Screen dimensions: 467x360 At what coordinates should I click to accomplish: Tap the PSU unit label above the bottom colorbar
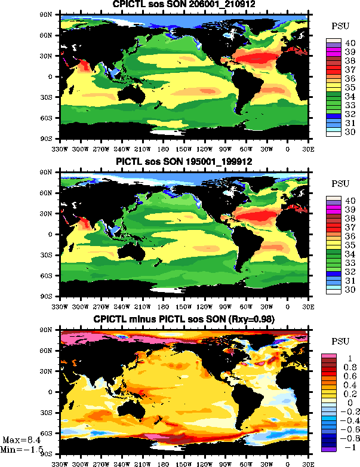(340, 345)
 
